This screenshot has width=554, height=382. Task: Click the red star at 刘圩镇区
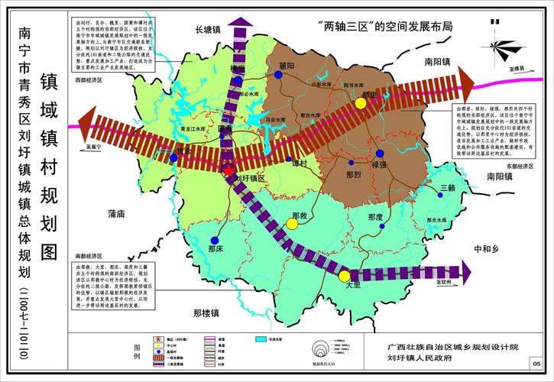pyautogui.click(x=227, y=170)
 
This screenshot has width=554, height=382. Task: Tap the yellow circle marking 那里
pyautogui.click(x=371, y=103)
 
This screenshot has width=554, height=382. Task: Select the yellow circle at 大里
pyautogui.click(x=345, y=277)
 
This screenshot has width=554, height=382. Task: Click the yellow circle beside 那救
pyautogui.click(x=292, y=224)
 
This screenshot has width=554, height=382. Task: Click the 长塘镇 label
pyautogui.click(x=206, y=31)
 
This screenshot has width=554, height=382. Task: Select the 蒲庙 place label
pyautogui.click(x=117, y=214)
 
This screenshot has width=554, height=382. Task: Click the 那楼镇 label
pyautogui.click(x=206, y=312)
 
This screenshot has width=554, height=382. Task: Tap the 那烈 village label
pyautogui.click(x=353, y=175)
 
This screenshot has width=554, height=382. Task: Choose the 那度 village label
pyautogui.click(x=374, y=217)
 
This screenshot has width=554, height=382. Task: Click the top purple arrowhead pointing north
pyautogui.click(x=243, y=23)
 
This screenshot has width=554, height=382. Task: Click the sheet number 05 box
pyautogui.click(x=536, y=363)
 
